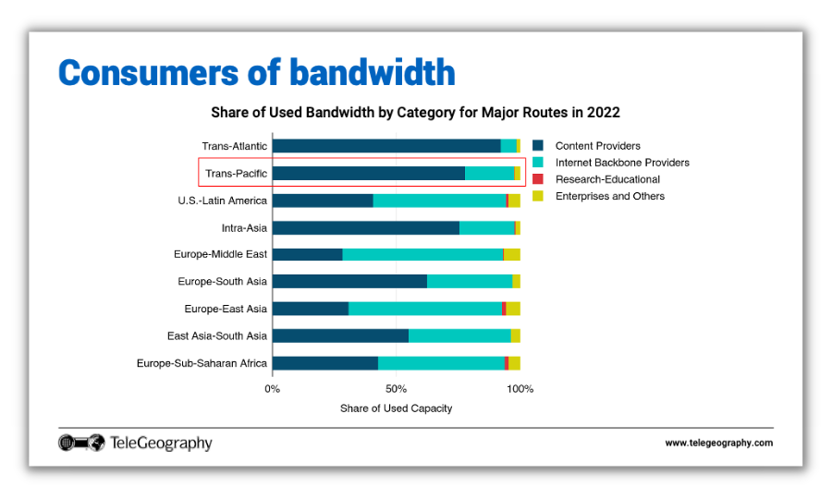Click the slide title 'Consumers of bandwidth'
[256, 72]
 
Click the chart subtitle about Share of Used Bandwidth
[415, 113]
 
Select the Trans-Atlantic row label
[235, 146]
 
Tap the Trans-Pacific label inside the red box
[236, 173]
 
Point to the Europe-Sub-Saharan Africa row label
[202, 363]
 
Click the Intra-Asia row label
[244, 227]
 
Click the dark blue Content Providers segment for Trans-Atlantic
[385, 146]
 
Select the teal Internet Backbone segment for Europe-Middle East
[422, 255]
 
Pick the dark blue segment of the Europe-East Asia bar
[310, 309]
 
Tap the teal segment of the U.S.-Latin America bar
[439, 201]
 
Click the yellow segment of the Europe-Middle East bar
[511, 255]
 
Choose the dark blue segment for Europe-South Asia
[349, 282]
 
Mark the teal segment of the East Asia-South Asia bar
[459, 336]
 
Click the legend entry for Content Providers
[597, 146]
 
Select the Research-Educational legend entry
[607, 179]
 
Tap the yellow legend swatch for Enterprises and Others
[537, 196]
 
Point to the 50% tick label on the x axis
[396, 389]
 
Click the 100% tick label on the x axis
[520, 389]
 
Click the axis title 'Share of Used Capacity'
[396, 408]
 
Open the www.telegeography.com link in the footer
[718, 444]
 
